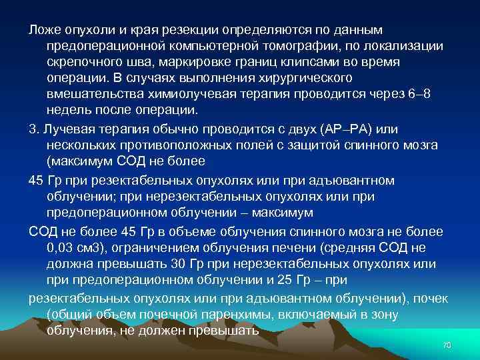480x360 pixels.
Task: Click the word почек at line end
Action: pos(431,297)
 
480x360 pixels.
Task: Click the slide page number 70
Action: pos(447,344)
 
